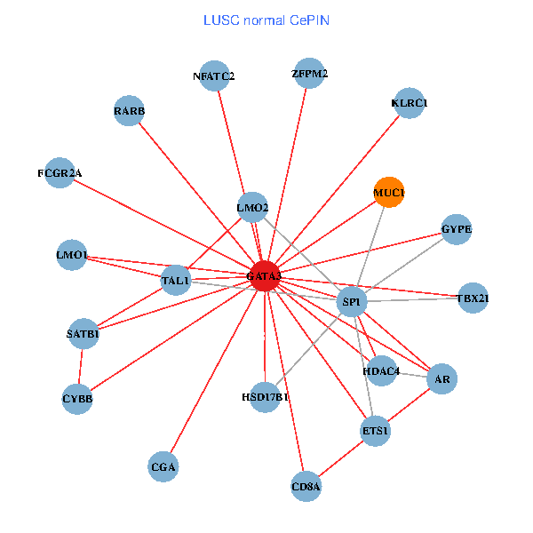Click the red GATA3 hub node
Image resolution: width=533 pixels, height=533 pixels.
[x=265, y=276]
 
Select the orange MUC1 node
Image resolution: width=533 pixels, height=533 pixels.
[x=388, y=192]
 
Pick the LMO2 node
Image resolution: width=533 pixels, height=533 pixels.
[x=252, y=209]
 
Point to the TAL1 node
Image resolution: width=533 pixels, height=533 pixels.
[x=176, y=281]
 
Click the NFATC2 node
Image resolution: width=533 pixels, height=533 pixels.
[x=214, y=76]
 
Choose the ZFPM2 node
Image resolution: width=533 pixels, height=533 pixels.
[x=309, y=73]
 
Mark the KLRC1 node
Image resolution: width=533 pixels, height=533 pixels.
[x=409, y=103]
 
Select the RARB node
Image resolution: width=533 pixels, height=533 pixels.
[x=130, y=111]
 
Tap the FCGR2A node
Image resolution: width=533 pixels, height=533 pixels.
[x=66, y=172]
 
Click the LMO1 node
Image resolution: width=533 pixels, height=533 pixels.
[x=71, y=256]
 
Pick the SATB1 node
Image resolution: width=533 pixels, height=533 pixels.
[x=83, y=334]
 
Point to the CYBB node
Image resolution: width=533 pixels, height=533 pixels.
[x=78, y=398]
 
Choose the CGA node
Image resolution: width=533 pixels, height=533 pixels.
[x=163, y=466]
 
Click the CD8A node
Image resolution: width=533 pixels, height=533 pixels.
[x=306, y=486]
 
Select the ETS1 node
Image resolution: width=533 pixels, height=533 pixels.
[x=375, y=432]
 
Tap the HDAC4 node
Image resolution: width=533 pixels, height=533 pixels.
[x=380, y=370]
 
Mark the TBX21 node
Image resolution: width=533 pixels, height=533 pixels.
[x=473, y=298]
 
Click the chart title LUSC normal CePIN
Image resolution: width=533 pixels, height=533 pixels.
[x=266, y=20]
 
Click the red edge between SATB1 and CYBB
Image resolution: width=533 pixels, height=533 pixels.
[x=81, y=366]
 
